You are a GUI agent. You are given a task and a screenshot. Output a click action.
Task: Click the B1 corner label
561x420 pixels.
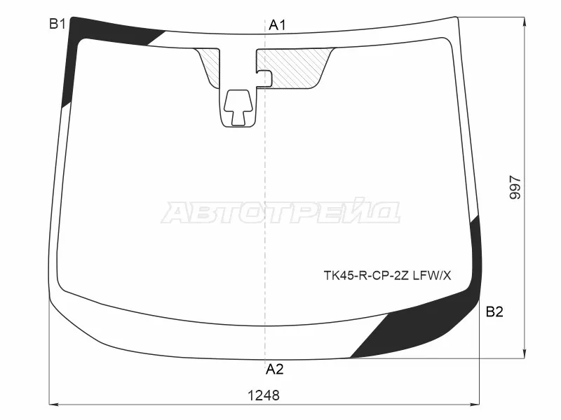tap(58, 24)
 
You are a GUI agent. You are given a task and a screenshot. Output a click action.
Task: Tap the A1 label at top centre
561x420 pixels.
tap(277, 25)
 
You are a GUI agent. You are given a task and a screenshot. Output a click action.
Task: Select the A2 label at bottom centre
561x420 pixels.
tap(274, 369)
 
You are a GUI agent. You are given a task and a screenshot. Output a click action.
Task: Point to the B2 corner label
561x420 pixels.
tap(494, 311)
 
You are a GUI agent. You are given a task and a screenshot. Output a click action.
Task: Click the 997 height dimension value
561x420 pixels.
tap(515, 187)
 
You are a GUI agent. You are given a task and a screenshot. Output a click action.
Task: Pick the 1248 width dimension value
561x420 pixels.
tap(264, 395)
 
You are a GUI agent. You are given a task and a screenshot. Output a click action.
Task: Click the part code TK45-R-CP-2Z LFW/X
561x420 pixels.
tap(388, 276)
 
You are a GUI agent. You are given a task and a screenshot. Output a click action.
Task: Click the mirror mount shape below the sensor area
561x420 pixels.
tap(238, 108)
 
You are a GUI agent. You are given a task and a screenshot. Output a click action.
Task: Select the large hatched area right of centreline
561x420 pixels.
tap(297, 68)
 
